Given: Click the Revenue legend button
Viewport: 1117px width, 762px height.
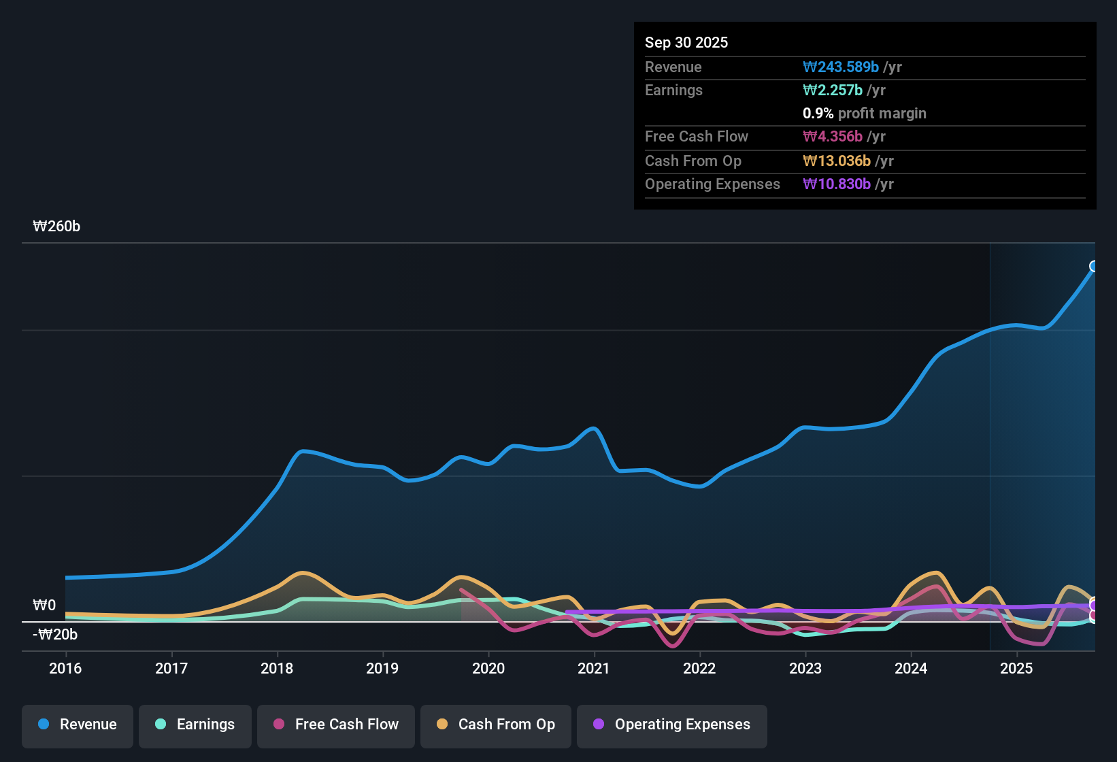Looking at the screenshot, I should [x=78, y=725].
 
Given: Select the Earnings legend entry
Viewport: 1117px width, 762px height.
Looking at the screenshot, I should [x=195, y=725].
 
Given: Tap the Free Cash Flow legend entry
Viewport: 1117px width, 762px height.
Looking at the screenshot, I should [x=336, y=725].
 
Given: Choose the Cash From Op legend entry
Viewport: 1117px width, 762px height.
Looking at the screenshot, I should [x=496, y=725].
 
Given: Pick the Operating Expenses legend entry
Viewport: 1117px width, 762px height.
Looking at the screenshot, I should [x=672, y=725].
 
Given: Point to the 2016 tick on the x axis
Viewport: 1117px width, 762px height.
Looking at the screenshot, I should [x=65, y=668].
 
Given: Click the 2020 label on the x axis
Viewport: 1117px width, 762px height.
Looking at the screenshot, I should [x=488, y=668].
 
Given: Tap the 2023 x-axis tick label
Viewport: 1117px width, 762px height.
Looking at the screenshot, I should [x=805, y=668].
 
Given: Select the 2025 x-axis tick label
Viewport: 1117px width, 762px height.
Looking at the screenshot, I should [x=1016, y=668].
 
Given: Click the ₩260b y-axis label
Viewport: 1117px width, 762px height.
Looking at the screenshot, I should [x=56, y=227].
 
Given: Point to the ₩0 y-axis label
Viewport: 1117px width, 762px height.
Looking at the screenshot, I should [x=44, y=605].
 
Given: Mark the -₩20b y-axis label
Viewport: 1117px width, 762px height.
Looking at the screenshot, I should [x=55, y=634].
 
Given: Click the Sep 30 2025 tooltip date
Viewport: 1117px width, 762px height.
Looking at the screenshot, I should [x=686, y=42].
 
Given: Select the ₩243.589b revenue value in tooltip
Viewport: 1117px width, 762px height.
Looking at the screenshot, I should [x=841, y=67].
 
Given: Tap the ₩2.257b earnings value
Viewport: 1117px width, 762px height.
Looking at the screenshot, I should [x=833, y=90].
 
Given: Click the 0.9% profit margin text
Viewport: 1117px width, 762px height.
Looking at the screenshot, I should [x=864, y=113].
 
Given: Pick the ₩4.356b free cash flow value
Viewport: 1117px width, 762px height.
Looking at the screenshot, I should [x=833, y=136].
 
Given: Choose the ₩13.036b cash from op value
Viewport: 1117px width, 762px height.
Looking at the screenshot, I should [x=837, y=161].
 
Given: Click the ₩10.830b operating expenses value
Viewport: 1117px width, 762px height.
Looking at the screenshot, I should [x=837, y=184].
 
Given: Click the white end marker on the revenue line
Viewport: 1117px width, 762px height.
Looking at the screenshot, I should [x=1094, y=266].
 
